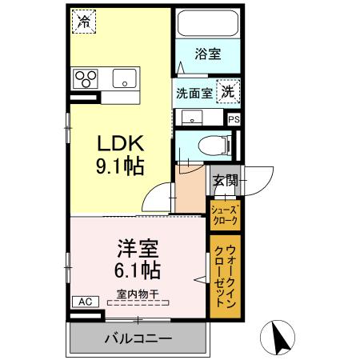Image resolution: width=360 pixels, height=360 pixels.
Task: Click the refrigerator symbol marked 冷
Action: tap(82, 22)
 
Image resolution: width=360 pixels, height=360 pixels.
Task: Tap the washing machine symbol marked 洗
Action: tap(229, 91)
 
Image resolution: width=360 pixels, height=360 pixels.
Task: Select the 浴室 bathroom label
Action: tap(208, 54)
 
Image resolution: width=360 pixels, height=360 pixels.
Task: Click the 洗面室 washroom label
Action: tap(194, 92)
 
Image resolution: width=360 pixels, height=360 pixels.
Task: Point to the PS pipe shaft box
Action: tap(234, 118)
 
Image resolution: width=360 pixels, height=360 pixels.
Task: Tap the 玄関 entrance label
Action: tap(225, 180)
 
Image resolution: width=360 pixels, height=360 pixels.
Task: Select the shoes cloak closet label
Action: tap(224, 214)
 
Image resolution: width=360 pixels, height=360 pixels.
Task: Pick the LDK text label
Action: tap(120, 144)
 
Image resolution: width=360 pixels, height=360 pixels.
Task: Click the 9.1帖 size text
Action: tap(120, 167)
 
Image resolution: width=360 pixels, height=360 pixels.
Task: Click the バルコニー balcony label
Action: tap(137, 338)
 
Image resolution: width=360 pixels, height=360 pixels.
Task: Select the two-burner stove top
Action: tap(86, 78)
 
